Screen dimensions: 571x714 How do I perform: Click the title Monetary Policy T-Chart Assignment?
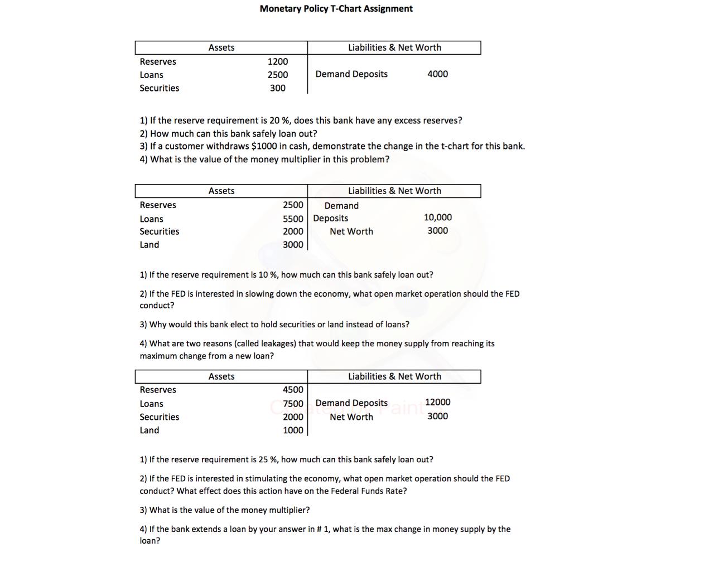pos(336,9)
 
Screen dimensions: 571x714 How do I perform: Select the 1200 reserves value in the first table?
pos(278,62)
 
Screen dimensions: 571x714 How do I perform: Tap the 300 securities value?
pos(278,88)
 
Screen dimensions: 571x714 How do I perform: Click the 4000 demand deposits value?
pos(437,74)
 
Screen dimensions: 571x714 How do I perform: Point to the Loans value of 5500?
pos(293,219)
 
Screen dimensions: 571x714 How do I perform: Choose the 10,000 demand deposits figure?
pos(437,217)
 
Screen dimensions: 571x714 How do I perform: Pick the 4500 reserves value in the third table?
pos(293,390)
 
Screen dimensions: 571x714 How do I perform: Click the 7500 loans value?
pos(293,404)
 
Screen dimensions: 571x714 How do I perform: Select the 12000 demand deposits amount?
pos(437,402)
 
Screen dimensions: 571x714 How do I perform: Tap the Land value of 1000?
pos(293,430)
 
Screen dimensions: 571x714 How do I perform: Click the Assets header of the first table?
pos(221,48)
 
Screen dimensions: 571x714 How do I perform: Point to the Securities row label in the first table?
pos(160,88)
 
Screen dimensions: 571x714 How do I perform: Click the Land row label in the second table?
pos(149,245)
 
